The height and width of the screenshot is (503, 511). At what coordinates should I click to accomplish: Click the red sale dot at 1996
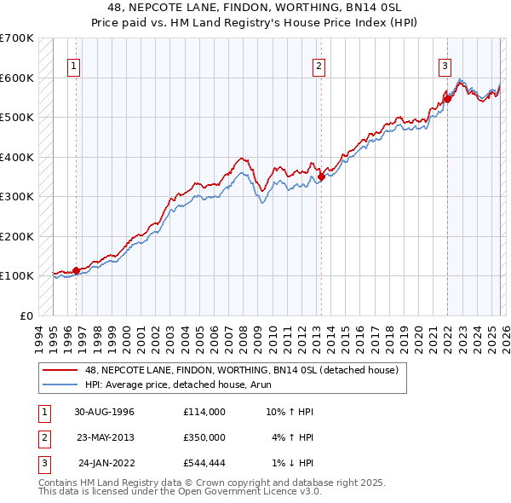click(x=77, y=270)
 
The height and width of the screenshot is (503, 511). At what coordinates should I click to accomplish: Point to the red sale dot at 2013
click(x=321, y=177)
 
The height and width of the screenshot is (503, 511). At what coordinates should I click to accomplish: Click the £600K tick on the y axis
click(x=17, y=78)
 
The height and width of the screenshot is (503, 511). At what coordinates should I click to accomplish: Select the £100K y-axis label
click(x=17, y=276)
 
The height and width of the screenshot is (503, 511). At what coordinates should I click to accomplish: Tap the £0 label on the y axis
click(x=26, y=315)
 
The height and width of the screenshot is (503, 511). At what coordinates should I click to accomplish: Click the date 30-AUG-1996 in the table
click(x=105, y=412)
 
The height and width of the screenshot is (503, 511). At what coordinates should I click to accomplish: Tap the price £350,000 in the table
click(x=204, y=437)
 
